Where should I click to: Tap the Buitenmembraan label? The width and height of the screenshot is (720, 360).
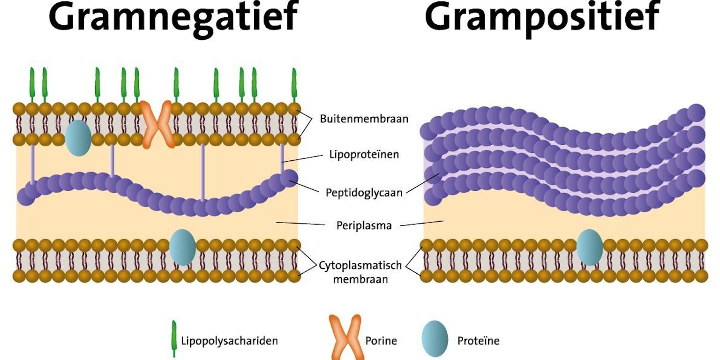tap(364, 119)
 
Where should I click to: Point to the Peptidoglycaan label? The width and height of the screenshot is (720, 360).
tap(364, 193)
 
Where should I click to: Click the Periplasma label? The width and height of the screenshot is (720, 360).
tap(364, 225)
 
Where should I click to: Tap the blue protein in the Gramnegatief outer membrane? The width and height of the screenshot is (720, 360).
tap(78, 137)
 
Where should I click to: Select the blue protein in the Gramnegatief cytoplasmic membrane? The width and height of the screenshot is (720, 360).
tap(182, 247)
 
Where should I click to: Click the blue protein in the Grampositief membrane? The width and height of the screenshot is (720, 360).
tap(589, 247)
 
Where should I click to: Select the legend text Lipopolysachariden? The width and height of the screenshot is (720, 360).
tap(229, 341)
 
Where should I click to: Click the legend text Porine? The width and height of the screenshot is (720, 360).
tap(381, 341)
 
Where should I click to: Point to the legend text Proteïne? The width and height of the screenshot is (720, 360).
tap(478, 341)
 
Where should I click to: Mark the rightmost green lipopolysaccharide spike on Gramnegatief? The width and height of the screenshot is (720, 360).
tap(294, 84)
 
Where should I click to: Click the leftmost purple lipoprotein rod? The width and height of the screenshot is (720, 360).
tap(32, 164)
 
